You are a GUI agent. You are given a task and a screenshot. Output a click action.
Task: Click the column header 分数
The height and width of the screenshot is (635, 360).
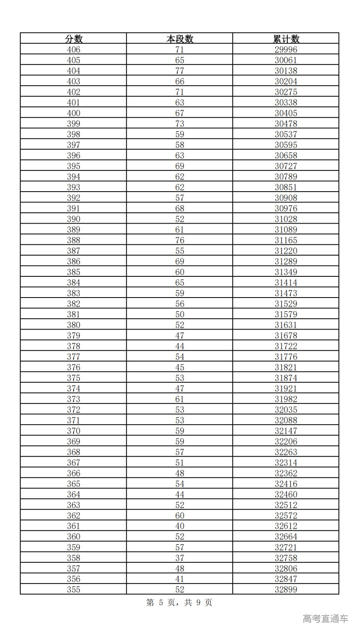[74, 39]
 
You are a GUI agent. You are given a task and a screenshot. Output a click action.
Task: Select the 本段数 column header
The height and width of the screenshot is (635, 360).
[180, 39]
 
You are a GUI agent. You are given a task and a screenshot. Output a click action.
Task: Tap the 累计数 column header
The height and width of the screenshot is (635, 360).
[286, 39]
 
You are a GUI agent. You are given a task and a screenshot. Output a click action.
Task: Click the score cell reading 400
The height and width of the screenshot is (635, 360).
[74, 113]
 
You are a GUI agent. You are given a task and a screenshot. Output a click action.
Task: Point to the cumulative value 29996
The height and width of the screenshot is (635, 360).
[286, 49]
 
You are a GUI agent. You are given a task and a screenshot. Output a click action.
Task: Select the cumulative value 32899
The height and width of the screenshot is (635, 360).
[286, 589]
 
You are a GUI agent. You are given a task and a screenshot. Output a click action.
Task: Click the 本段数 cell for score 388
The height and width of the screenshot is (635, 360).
[180, 240]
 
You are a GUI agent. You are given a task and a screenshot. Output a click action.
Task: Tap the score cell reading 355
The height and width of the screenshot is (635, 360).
[74, 589]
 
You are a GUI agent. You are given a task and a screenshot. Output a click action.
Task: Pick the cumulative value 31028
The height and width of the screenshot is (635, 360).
[286, 219]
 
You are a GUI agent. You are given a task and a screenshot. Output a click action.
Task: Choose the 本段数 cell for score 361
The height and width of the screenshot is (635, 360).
[180, 526]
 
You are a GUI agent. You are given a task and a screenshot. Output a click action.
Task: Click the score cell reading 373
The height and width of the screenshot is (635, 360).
[74, 399]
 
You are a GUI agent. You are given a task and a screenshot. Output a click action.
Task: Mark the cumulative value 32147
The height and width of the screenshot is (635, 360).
[286, 431]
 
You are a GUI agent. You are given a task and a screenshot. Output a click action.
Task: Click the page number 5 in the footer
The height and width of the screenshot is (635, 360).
[161, 603]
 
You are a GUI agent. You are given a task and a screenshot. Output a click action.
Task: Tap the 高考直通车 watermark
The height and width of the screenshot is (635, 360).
[325, 619]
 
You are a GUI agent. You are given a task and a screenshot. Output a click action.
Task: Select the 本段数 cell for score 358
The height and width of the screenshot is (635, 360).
[180, 558]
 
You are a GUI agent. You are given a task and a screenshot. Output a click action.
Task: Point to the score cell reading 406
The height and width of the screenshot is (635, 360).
[74, 49]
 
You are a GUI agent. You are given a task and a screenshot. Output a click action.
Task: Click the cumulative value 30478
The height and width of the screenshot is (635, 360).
[286, 124]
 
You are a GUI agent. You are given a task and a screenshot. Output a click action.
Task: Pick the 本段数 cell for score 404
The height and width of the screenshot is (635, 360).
[180, 71]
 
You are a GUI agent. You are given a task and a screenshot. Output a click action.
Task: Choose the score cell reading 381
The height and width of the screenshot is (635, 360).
[74, 315]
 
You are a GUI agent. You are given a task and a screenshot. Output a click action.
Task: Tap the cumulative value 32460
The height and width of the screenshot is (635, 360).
[286, 495]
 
